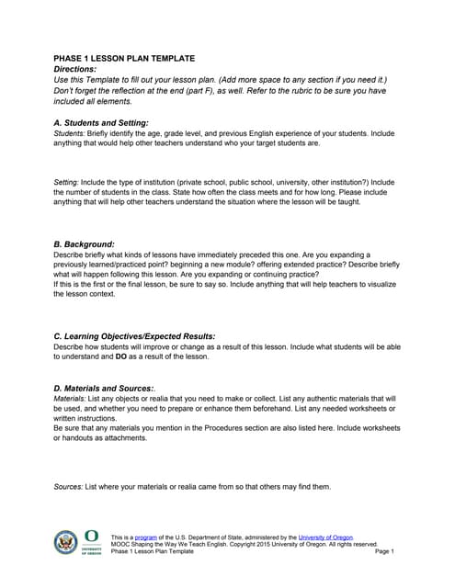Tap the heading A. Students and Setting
point(101,122)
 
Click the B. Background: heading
point(85,243)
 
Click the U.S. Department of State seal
point(66,542)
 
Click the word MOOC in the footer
point(119,544)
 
